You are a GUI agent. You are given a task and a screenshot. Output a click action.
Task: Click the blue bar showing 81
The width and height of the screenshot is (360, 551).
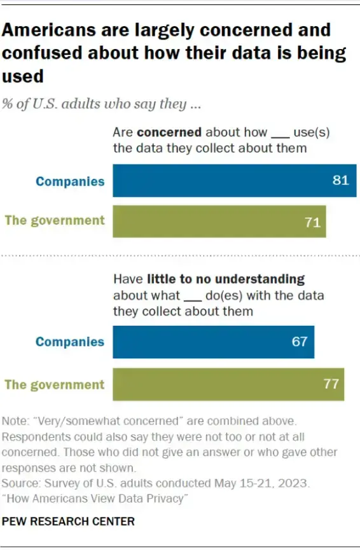pyautogui.click(x=234, y=181)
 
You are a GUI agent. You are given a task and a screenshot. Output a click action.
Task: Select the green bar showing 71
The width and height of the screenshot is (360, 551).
pyautogui.click(x=219, y=221)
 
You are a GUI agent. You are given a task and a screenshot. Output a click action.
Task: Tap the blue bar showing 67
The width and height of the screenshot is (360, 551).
pyautogui.click(x=213, y=342)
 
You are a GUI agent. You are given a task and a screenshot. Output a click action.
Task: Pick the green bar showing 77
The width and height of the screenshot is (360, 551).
pyautogui.click(x=228, y=384)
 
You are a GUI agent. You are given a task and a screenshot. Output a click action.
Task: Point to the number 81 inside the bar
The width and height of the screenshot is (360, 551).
pyautogui.click(x=340, y=181)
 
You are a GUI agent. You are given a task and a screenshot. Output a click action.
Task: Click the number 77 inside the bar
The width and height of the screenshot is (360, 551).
pyautogui.click(x=330, y=384)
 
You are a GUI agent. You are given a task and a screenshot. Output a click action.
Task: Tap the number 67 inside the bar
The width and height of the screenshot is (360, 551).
pyautogui.click(x=300, y=342)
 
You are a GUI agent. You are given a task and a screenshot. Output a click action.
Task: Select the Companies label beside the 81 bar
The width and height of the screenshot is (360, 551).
pyautogui.click(x=70, y=181)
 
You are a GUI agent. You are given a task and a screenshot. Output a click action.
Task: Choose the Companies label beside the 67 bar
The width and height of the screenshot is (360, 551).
pyautogui.click(x=70, y=342)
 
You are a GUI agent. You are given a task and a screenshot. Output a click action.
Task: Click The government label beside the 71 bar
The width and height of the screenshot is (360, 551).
pyautogui.click(x=55, y=221)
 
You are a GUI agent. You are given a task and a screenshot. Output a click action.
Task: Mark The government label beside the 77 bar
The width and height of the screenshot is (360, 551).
pyautogui.click(x=55, y=385)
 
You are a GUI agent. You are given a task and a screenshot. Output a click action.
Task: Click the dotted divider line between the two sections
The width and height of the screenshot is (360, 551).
pyautogui.click(x=180, y=255)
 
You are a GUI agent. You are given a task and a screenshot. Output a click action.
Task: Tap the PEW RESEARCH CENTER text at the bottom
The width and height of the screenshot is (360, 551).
pyautogui.click(x=69, y=522)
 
